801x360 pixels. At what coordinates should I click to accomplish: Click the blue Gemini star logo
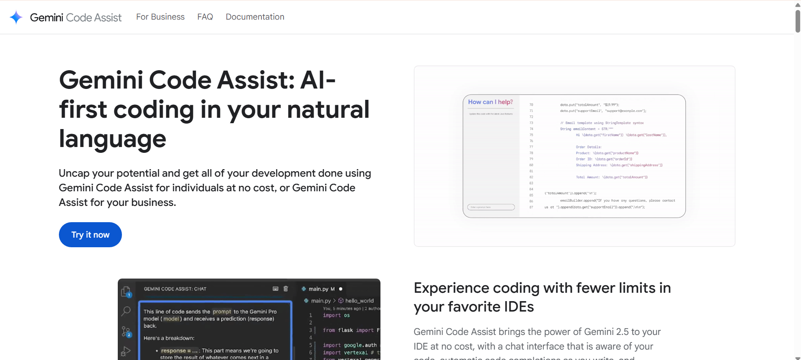pyautogui.click(x=16, y=17)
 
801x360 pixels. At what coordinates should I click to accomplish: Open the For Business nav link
pyautogui.click(x=160, y=17)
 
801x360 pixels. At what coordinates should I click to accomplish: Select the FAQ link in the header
pyautogui.click(x=205, y=17)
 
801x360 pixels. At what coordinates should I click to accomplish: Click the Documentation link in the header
pyautogui.click(x=255, y=17)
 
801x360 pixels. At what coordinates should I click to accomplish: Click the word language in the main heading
pyautogui.click(x=112, y=139)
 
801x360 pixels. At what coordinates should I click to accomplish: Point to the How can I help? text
pyautogui.click(x=490, y=102)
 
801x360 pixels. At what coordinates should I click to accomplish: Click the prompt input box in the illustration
pyautogui.click(x=491, y=207)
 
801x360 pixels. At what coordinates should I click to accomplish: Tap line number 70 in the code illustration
pyautogui.click(x=531, y=105)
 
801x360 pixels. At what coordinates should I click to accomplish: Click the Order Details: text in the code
pyautogui.click(x=588, y=147)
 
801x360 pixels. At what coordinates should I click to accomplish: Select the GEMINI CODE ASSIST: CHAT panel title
pyautogui.click(x=175, y=289)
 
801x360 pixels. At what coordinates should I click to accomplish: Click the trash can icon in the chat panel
pyautogui.click(x=286, y=289)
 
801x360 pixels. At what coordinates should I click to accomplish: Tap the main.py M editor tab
pyautogui.click(x=321, y=289)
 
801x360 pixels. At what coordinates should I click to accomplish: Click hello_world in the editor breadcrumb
pyautogui.click(x=359, y=301)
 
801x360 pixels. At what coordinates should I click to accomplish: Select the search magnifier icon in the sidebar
pyautogui.click(x=126, y=311)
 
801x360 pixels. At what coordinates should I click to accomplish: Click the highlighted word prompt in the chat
pyautogui.click(x=222, y=312)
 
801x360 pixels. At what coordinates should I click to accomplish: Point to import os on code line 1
pyautogui.click(x=336, y=315)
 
